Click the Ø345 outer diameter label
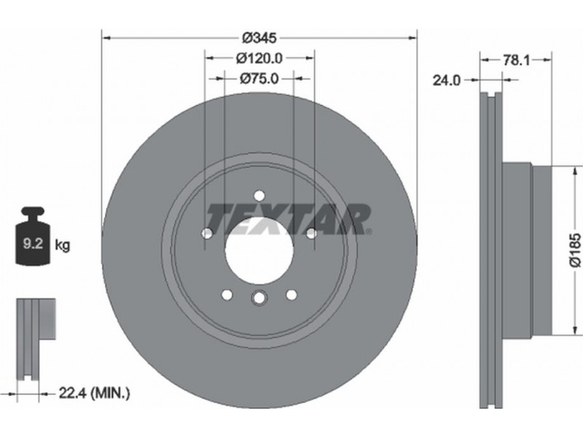(259, 38)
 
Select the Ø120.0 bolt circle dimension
(259, 58)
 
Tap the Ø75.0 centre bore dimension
(259, 78)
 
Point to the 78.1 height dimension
(517, 60)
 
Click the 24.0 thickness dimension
(447, 80)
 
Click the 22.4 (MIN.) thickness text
(95, 393)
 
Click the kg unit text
(62, 245)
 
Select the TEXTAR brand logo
(289, 219)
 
